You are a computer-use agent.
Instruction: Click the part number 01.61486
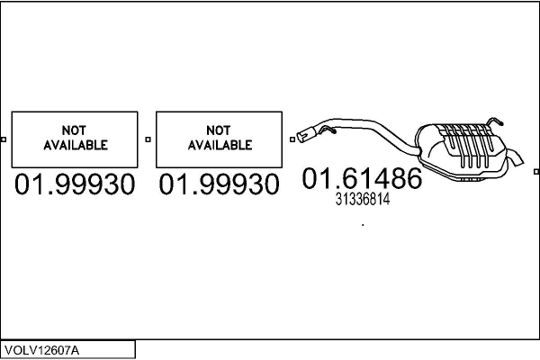coord(361,178)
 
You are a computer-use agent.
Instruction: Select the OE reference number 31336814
coord(362,201)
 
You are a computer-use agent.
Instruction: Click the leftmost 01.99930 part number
coord(75,185)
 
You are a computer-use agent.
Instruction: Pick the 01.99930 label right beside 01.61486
coord(219,185)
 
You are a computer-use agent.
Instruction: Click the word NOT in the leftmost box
coord(75,130)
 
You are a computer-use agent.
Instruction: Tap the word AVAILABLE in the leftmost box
coord(75,144)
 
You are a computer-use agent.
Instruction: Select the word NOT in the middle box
coord(219,130)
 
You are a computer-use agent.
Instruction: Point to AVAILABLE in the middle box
coord(219,144)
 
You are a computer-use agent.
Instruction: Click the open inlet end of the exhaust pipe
coord(305,137)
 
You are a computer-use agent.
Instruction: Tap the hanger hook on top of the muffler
coord(492,121)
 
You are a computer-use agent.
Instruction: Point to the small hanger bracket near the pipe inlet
coord(330,132)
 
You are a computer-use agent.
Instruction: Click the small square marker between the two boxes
coord(148,139)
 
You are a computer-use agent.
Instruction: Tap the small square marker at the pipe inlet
coord(292,139)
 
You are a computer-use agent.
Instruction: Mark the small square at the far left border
coord(4,139)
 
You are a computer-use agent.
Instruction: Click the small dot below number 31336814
coord(363,225)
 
